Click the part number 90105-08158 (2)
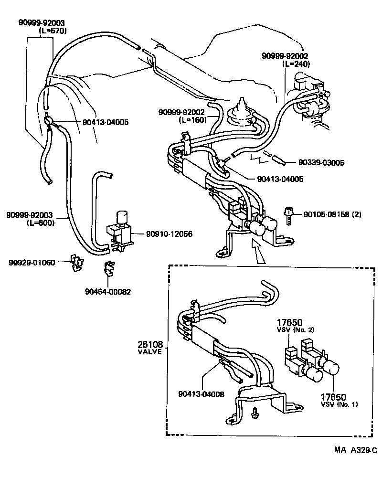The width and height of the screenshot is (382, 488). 332,214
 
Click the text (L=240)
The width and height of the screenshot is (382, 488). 296,64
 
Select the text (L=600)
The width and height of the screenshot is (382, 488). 41,222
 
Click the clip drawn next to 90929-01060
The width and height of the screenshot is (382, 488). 75,262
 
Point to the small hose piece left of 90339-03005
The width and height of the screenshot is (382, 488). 277,159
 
